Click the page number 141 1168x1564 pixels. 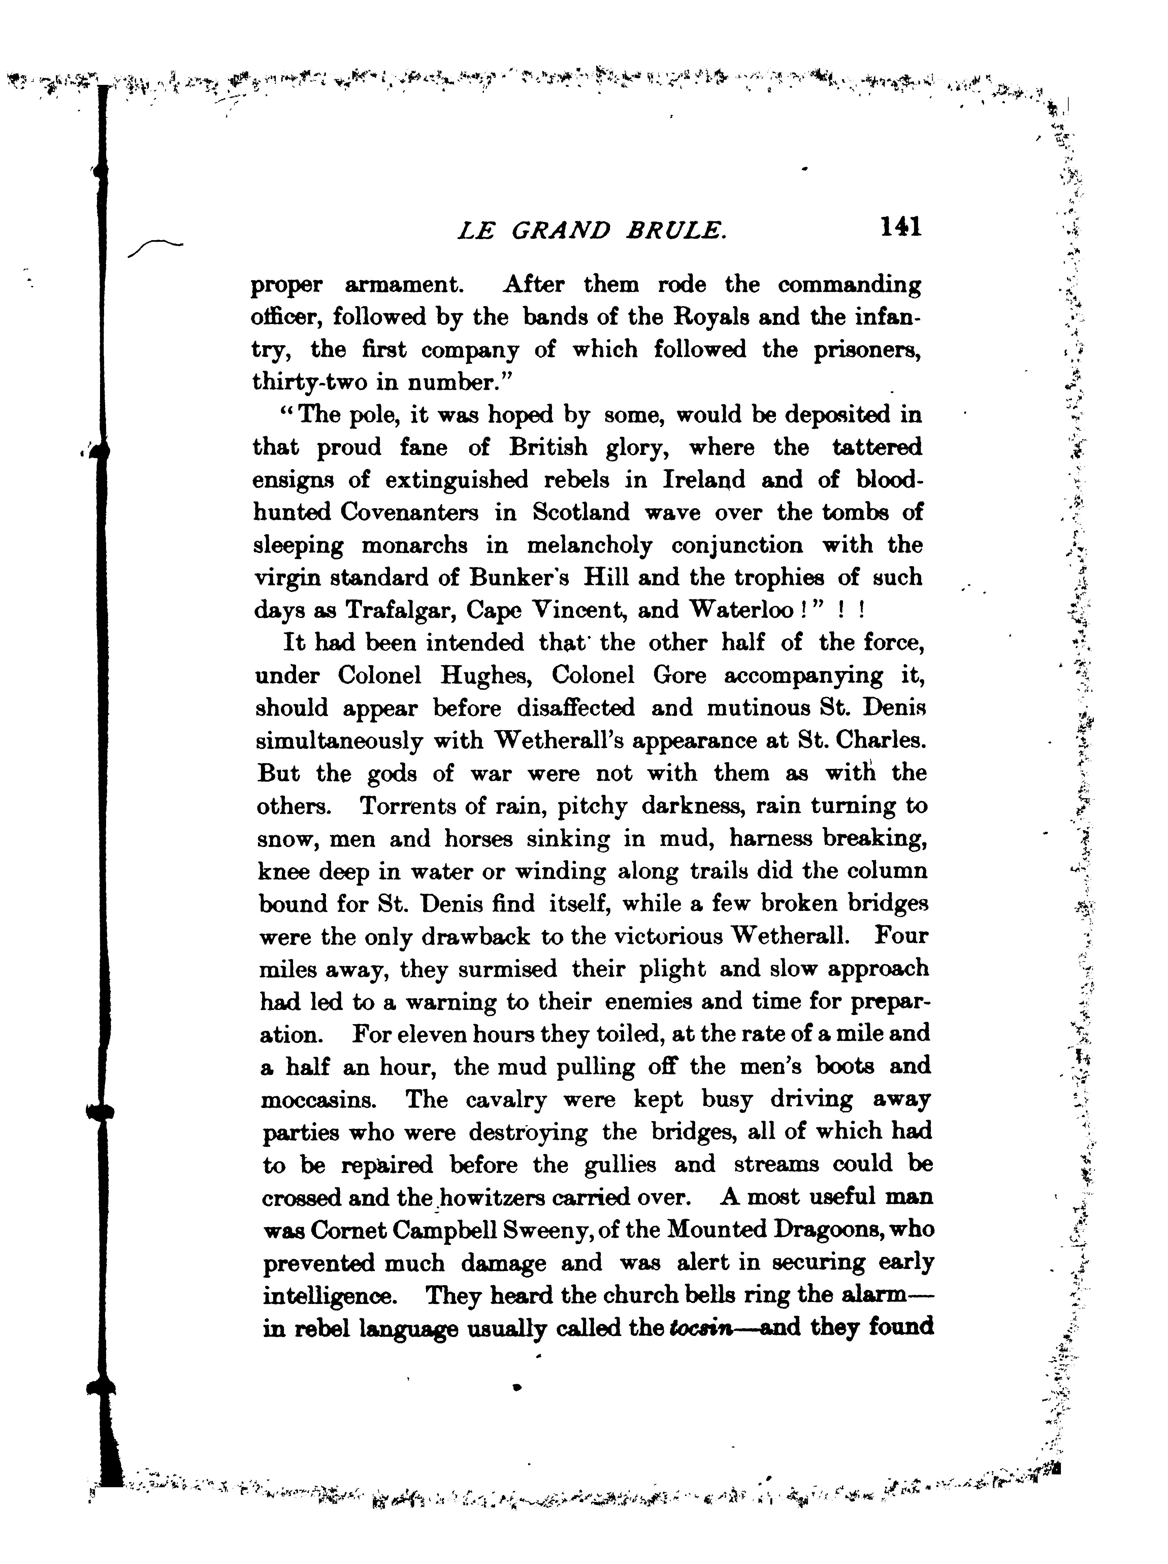(x=900, y=228)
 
